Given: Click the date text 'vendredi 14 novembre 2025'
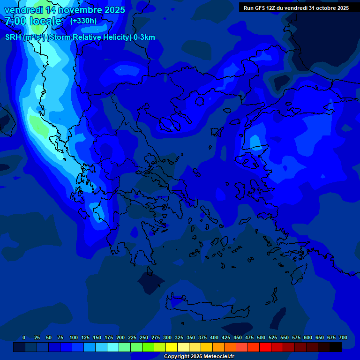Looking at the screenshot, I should [x=65, y=10].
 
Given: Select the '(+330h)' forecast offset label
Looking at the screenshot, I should [x=83, y=21].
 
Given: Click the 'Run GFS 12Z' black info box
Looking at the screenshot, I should [x=296, y=7].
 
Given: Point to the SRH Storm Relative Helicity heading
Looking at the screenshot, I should [x=80, y=37].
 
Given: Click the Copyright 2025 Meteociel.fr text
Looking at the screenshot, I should [x=199, y=357].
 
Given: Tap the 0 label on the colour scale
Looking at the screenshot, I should [x=24, y=337].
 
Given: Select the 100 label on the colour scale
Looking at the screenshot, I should [x=74, y=337].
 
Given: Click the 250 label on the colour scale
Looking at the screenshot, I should [x=144, y=337].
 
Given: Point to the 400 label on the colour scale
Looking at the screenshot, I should [x=214, y=337].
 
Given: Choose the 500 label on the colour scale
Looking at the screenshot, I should [x=261, y=337].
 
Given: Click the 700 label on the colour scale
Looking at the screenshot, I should [x=343, y=337].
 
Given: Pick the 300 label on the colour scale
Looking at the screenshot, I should [x=167, y=337].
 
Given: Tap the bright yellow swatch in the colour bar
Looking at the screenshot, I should [x=171, y=347].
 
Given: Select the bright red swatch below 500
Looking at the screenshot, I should [x=265, y=347].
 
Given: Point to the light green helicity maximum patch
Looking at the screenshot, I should [x=37, y=124].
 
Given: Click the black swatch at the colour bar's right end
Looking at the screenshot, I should [x=335, y=347].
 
